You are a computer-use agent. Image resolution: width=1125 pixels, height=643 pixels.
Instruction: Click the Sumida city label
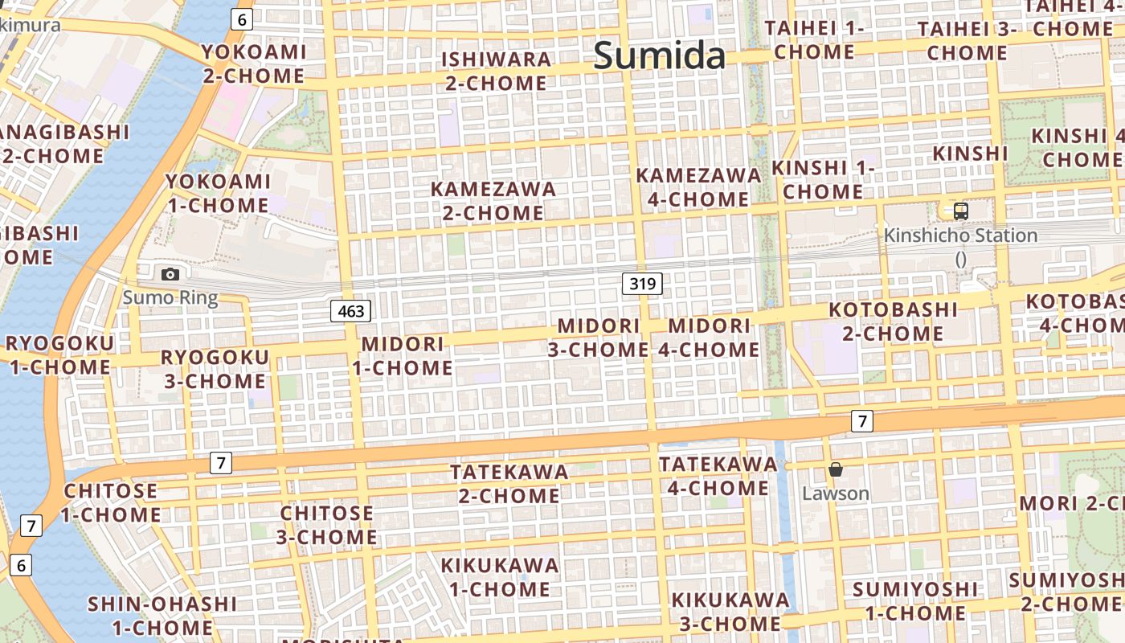pos(659,55)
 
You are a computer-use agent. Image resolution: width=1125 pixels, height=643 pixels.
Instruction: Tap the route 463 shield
pos(351,311)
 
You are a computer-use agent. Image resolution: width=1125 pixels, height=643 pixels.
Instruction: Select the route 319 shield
pos(642,283)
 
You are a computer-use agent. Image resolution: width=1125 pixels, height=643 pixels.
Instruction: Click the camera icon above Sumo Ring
pos(170,274)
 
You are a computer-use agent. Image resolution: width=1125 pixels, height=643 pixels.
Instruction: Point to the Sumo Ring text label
pos(170,298)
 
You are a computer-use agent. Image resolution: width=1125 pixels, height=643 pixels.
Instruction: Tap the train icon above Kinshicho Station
pos(961,211)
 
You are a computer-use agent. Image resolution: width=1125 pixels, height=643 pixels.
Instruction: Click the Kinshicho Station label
pos(960,235)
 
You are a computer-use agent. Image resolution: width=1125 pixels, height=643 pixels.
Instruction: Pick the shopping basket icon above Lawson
pos(836,469)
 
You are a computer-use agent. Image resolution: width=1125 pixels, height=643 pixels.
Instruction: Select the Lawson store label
pos(836,493)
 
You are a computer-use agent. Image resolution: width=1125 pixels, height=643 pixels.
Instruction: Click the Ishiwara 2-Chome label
pos(496,71)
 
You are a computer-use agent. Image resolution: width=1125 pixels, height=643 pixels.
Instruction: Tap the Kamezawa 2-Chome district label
pos(493,201)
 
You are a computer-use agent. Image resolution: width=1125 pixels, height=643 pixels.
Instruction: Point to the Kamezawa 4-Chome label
pos(698,186)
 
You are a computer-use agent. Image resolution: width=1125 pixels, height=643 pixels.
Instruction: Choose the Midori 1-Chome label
pos(403,355)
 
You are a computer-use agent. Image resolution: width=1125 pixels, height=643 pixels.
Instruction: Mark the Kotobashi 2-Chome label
pos(893,321)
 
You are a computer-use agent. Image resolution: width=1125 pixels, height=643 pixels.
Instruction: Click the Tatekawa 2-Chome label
pos(509,483)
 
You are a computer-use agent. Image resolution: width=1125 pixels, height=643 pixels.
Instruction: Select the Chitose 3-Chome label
pos(326,524)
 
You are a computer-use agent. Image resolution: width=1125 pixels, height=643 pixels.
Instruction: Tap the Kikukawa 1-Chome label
pos(499,576)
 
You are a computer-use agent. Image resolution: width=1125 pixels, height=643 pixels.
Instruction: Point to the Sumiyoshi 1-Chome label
pos(915,600)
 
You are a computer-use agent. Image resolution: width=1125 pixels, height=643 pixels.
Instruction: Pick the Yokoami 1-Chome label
pos(218,193)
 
